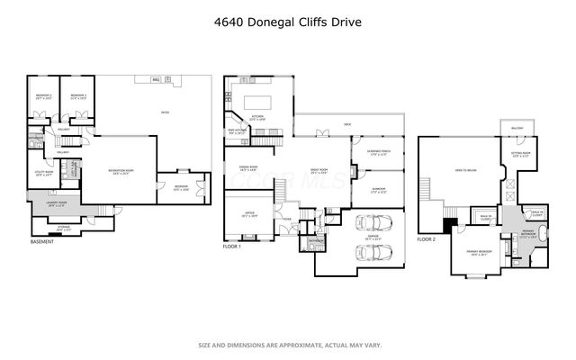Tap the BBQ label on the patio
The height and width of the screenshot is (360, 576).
point(156,80)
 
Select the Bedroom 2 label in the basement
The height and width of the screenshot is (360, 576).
point(43,96)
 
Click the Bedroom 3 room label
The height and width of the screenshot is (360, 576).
point(78,96)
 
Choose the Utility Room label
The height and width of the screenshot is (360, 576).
point(44,174)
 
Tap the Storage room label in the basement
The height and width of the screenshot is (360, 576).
point(63,229)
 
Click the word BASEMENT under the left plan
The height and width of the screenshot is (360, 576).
point(42,242)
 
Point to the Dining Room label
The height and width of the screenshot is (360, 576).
point(249,167)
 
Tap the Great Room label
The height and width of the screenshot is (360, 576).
point(318,170)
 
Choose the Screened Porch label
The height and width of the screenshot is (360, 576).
point(377,152)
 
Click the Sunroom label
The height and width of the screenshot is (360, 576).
point(378,190)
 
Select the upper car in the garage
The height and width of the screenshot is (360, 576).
point(373,222)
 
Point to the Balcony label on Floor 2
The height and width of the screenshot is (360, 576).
point(517,129)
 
